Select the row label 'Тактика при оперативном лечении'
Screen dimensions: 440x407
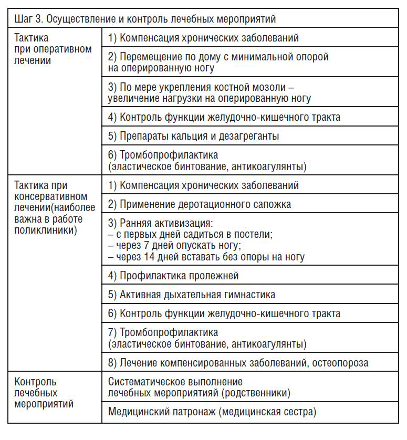(x=53, y=49)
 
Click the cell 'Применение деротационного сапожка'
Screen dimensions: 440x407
(x=200, y=204)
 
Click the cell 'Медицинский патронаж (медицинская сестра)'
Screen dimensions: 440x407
(x=212, y=412)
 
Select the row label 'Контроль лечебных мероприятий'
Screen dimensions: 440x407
(x=44, y=393)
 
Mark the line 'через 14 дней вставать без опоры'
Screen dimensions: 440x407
(x=206, y=257)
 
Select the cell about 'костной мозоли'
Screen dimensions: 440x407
(x=209, y=92)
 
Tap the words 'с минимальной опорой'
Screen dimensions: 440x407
(x=280, y=57)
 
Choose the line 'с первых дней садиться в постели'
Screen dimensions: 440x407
(x=190, y=234)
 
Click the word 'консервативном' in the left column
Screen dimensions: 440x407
(x=48, y=196)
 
